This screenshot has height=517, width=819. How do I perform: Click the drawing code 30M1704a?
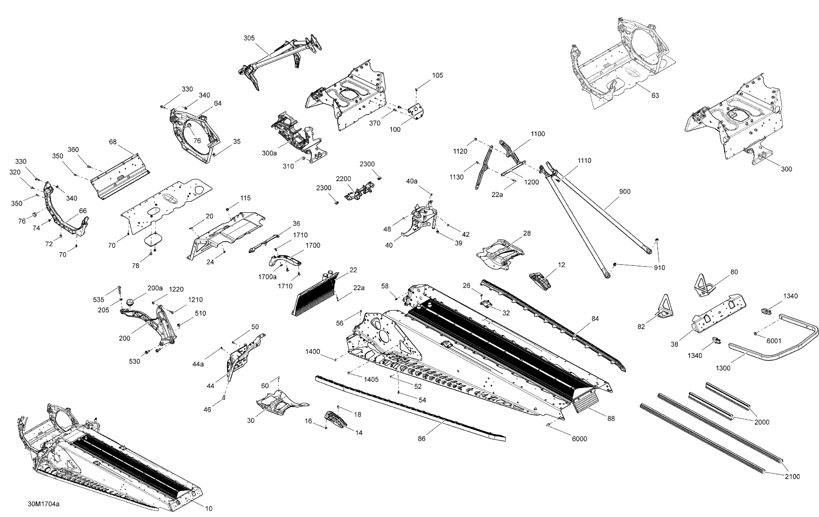tap(43, 504)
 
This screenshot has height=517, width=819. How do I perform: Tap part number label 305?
tap(249, 38)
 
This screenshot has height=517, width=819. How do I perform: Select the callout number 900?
tap(625, 192)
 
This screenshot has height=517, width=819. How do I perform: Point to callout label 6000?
tap(579, 439)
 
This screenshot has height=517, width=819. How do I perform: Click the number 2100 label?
tap(792, 477)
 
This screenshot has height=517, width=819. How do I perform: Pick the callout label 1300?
tap(723, 368)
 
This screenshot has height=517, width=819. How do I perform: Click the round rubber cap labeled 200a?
tap(130, 302)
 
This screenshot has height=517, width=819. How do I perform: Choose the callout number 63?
tap(655, 95)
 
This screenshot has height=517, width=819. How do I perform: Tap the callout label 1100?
tap(538, 134)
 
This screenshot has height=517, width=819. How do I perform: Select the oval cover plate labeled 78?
tap(153, 240)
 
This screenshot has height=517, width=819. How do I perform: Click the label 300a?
tap(269, 153)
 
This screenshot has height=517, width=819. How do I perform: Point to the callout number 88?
tap(611, 418)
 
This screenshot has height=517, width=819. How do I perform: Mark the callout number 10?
tap(209, 508)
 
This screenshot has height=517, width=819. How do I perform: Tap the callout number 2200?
tap(343, 179)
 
